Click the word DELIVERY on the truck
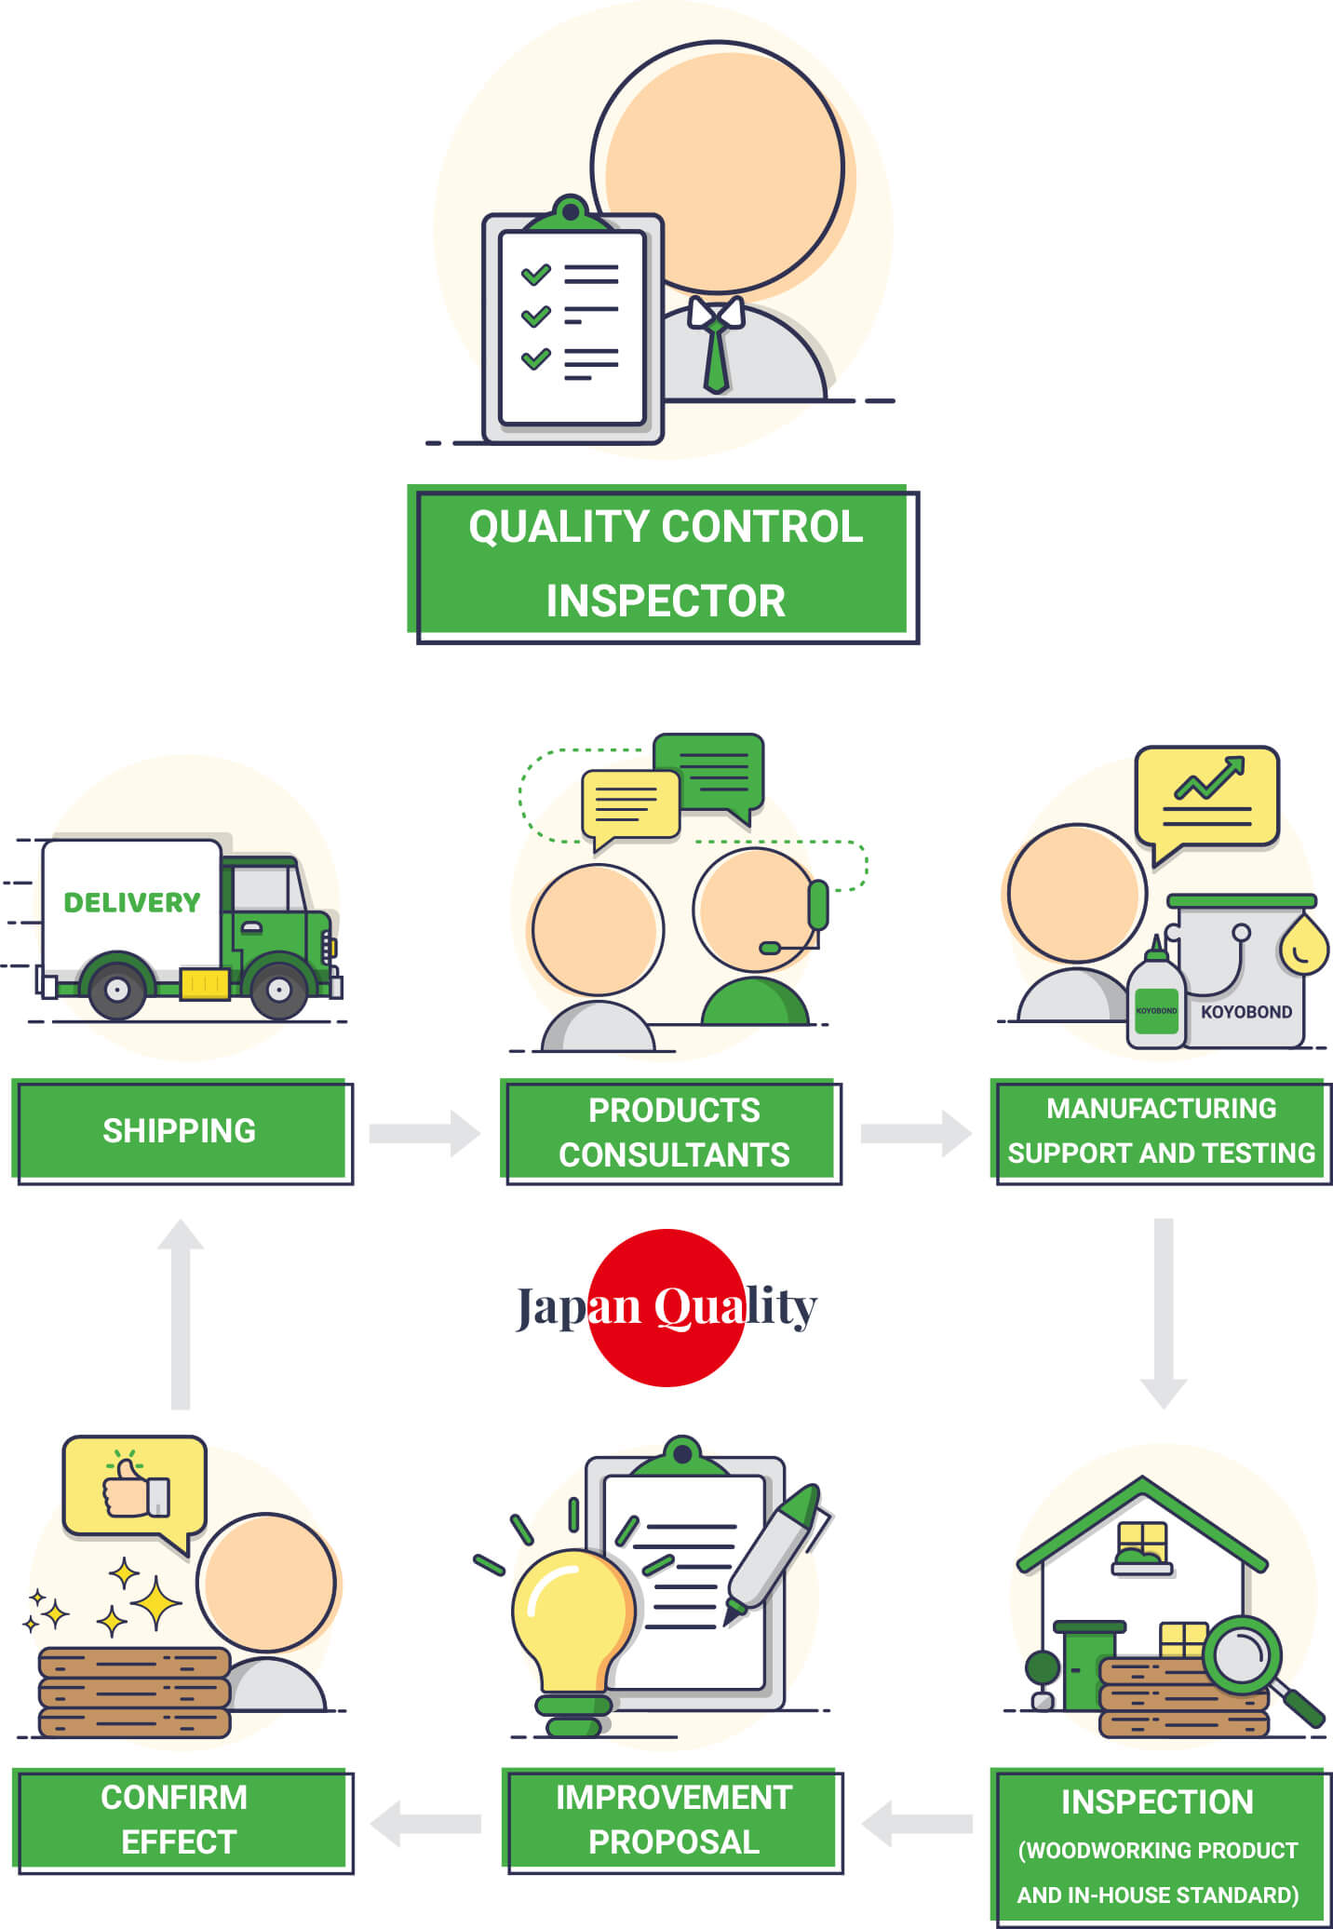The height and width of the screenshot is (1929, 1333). [x=131, y=902]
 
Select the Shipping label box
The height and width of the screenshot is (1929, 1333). [x=181, y=1130]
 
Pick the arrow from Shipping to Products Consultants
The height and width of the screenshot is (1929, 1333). [x=424, y=1133]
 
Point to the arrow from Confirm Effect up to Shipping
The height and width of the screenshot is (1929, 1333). [x=181, y=1313]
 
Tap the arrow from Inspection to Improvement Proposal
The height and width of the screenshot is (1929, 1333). [x=916, y=1823]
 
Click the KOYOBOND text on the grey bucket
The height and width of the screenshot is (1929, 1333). [x=1245, y=1012]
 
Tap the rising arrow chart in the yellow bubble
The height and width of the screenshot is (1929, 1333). [x=1208, y=780]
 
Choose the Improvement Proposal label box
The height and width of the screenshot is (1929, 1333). [x=673, y=1819]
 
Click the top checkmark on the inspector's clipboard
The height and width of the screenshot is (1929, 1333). [x=535, y=275]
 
